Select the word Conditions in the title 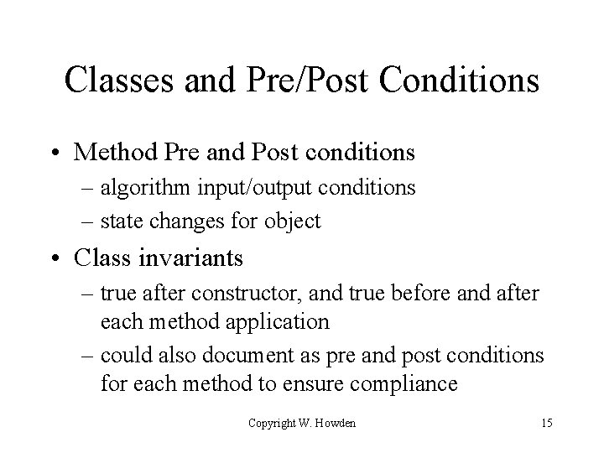460,81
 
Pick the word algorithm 140,188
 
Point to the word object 292,221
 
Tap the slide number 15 547,423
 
